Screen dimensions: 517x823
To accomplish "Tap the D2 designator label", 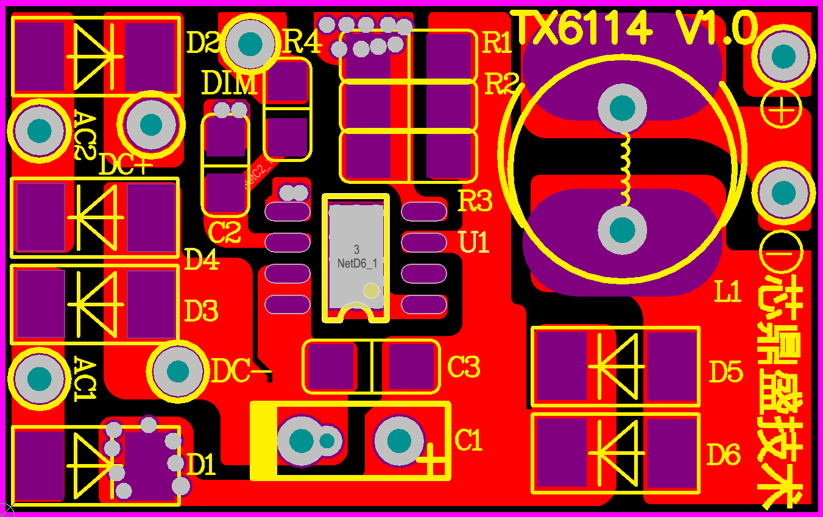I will click(x=203, y=43).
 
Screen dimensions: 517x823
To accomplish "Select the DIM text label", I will click(x=229, y=83).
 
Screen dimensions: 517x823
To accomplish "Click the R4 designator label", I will click(x=302, y=43).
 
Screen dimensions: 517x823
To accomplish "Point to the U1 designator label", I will click(x=475, y=243).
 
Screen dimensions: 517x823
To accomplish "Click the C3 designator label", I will click(x=464, y=367).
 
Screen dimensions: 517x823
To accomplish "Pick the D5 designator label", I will click(x=726, y=372).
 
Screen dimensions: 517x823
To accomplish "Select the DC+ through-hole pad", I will click(x=150, y=124).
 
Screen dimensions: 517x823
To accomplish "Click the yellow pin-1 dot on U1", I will click(x=370, y=290).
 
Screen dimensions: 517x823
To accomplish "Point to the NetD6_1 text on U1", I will click(x=357, y=264).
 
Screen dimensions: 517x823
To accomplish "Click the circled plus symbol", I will click(x=781, y=111).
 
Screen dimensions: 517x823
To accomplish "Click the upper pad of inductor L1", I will click(x=622, y=108).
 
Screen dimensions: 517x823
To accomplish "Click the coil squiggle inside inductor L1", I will click(x=625, y=169).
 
